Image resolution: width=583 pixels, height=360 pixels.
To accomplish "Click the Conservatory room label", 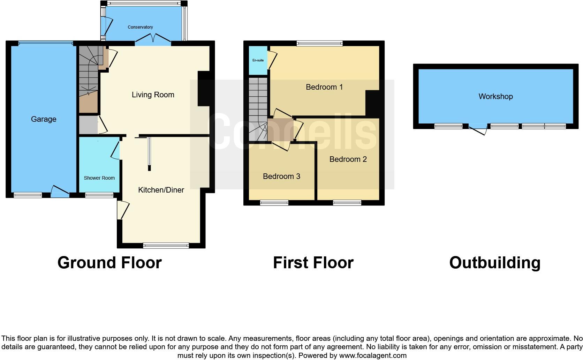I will tap(140, 27).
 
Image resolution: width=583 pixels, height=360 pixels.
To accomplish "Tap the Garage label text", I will tap(44, 119).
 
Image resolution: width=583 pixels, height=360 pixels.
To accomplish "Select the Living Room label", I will tap(153, 95).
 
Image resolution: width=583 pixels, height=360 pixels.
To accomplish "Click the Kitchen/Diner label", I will tap(161, 190).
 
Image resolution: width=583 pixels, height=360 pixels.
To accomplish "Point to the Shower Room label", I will tap(99, 178).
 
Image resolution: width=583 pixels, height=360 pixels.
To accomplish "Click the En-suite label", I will tap(258, 60).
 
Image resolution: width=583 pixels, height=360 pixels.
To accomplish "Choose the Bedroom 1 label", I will tap(324, 87).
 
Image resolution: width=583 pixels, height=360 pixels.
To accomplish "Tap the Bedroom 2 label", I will tap(348, 159).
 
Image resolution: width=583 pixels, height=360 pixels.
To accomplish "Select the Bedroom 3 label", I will tap(281, 177).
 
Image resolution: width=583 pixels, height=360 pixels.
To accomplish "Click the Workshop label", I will tap(495, 97).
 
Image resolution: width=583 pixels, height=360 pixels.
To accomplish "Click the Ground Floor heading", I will tap(109, 263).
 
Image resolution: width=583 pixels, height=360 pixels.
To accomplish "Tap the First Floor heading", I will tap(313, 263).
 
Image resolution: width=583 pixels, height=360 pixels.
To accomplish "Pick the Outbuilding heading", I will tap(495, 263).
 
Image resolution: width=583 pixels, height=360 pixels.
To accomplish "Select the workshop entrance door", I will tap(478, 130).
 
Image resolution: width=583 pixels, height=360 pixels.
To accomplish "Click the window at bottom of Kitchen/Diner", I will tap(166, 246).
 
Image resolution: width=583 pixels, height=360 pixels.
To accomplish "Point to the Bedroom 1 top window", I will tap(320, 44).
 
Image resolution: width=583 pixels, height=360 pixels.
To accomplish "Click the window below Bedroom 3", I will tap(274, 203).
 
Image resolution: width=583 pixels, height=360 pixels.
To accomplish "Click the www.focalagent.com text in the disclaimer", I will tap(373, 355).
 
